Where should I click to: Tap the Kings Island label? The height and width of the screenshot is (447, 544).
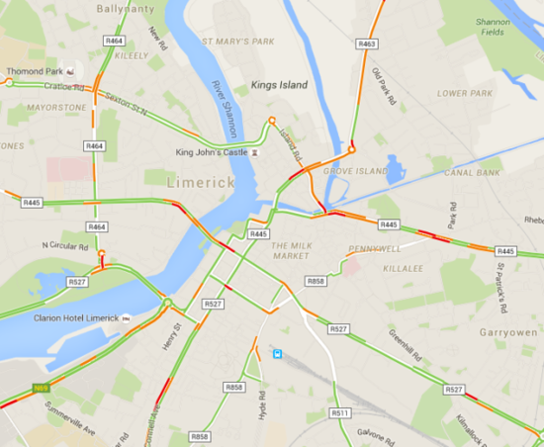click(279, 85)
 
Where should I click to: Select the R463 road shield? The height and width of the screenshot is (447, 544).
click(367, 44)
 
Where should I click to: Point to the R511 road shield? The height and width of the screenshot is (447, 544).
click(340, 412)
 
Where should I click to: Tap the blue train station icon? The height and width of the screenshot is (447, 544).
click(279, 353)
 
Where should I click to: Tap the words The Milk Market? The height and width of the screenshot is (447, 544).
click(292, 252)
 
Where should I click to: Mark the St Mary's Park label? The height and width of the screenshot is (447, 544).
click(238, 42)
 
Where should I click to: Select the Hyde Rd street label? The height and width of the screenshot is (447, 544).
click(262, 406)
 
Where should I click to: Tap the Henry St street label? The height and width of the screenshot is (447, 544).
click(173, 336)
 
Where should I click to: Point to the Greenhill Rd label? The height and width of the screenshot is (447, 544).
click(406, 344)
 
